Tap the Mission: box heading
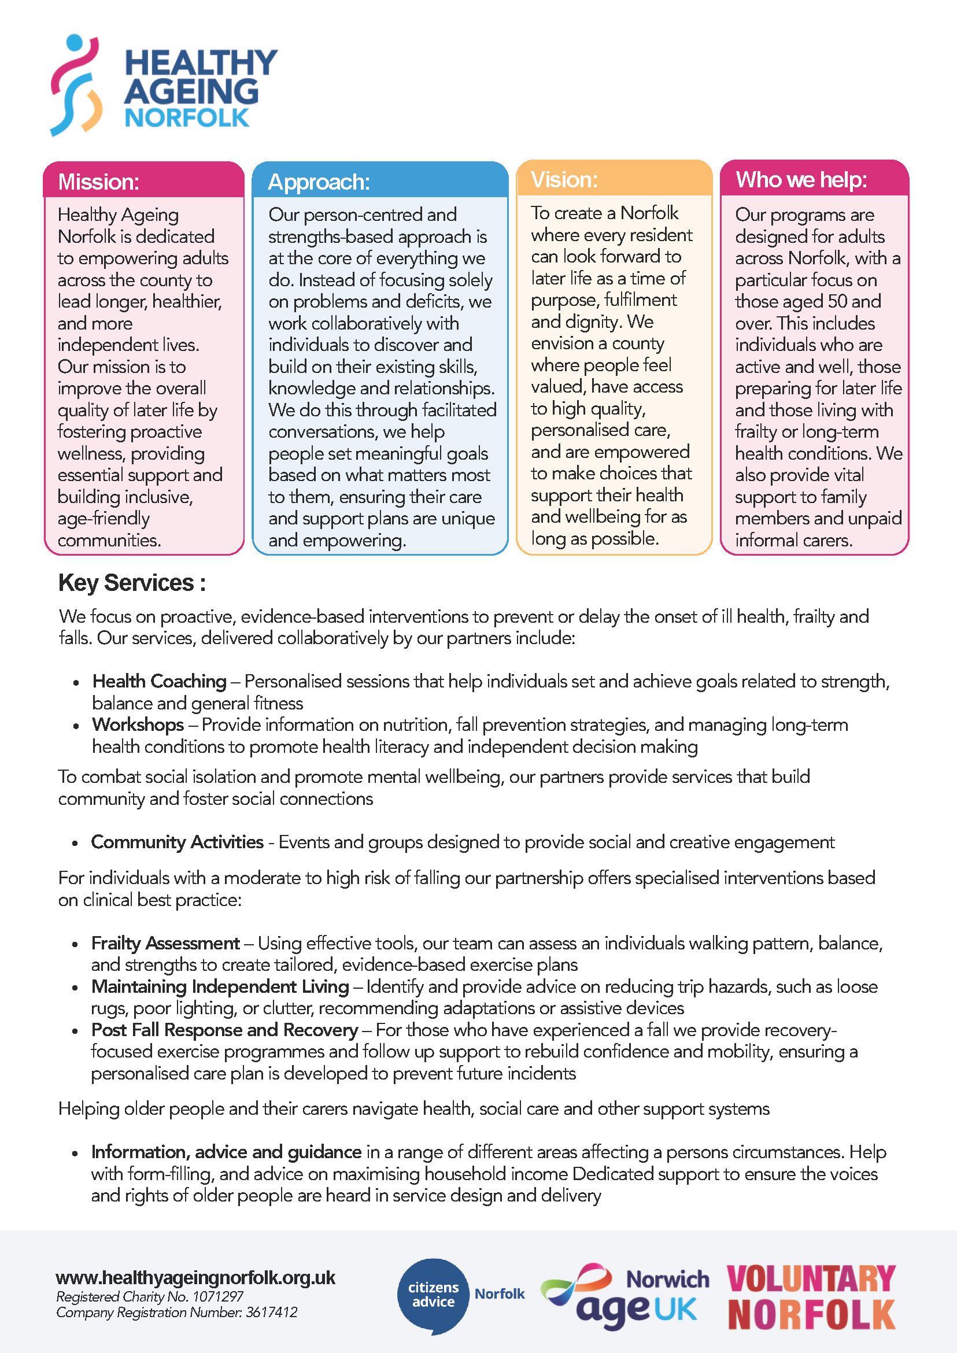click(x=98, y=182)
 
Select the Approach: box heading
click(x=319, y=182)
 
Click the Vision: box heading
click(x=564, y=180)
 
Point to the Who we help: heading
click(x=801, y=180)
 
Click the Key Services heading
click(x=131, y=583)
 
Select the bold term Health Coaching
click(x=159, y=681)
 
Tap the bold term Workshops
click(x=137, y=725)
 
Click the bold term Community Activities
click(x=177, y=842)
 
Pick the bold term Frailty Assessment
click(x=165, y=944)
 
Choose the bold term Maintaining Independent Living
click(x=220, y=986)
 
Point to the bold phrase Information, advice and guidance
click(x=226, y=1151)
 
